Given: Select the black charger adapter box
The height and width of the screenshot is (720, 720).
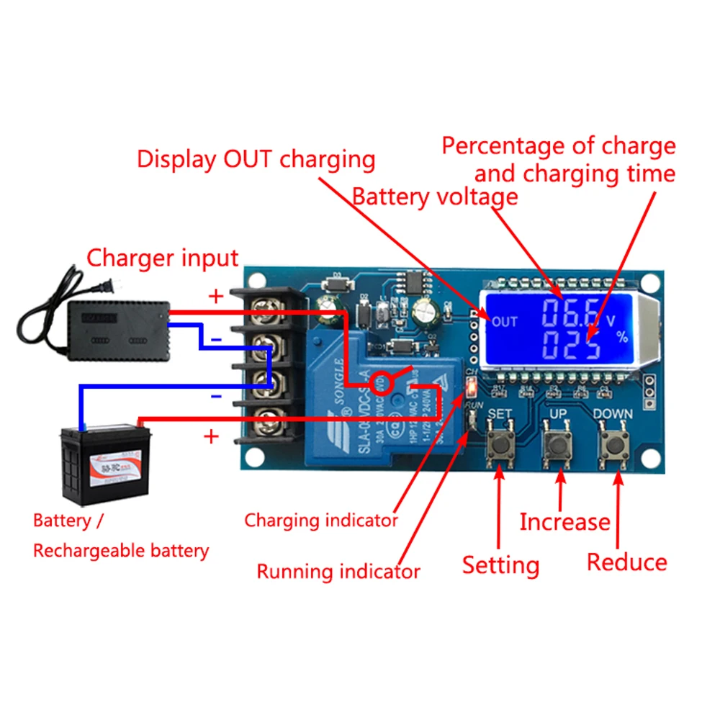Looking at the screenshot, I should coord(118,328).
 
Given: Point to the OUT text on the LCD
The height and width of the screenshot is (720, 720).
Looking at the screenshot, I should coord(504,322).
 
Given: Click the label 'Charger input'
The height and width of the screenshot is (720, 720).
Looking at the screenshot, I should coord(162,258).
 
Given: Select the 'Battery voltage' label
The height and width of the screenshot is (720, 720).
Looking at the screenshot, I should coord(434,196).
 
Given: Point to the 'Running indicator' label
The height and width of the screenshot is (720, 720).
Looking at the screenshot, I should coord(338,572).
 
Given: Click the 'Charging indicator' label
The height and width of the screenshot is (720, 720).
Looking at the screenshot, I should coord(321,520).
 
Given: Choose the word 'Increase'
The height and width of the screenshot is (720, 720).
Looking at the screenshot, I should coord(564,522).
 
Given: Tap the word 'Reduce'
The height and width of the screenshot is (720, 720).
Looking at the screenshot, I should coord(626,562).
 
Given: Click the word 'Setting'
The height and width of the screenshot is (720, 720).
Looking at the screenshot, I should coord(500,565).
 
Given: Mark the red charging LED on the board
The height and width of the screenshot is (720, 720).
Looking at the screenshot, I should coord(471,390).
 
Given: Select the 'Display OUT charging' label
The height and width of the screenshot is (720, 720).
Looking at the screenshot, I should coord(256,159).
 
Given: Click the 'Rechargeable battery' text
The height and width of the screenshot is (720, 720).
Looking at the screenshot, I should coord(121,552).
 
